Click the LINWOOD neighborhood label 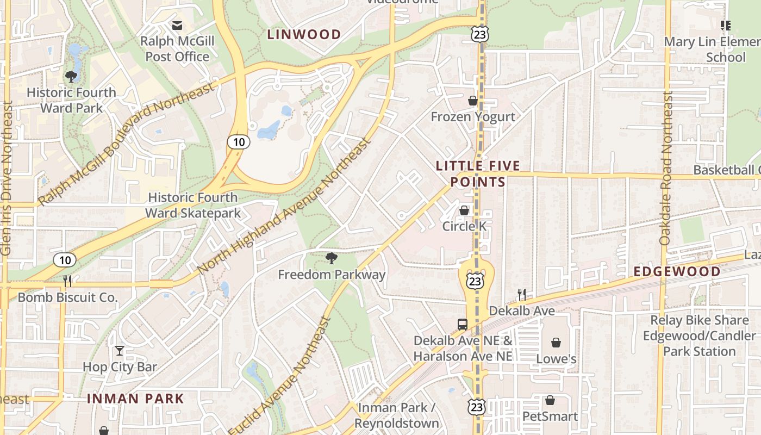(x=304, y=35)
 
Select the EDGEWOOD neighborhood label (x=677, y=271)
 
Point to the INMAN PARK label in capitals (x=135, y=399)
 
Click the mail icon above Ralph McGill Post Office (x=177, y=25)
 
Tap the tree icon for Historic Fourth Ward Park (x=71, y=76)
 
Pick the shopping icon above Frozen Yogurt (x=473, y=101)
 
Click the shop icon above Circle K (x=464, y=210)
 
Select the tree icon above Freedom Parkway (x=331, y=258)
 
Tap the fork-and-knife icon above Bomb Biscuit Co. (x=67, y=281)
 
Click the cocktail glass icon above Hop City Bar (x=120, y=351)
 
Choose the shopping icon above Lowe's (x=556, y=343)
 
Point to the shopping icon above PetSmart (x=550, y=400)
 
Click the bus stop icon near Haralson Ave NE (x=463, y=325)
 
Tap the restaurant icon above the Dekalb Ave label (x=522, y=295)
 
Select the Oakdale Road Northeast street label (x=666, y=168)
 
